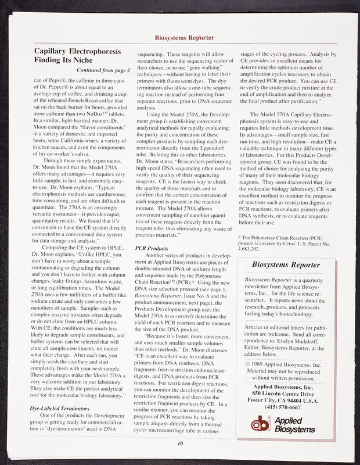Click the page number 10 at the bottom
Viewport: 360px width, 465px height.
tap(180, 444)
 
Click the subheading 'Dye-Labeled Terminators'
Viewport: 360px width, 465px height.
tap(59, 408)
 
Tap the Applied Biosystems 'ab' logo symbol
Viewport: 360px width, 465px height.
tap(262, 425)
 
